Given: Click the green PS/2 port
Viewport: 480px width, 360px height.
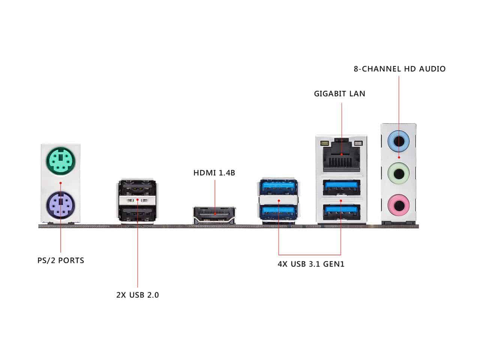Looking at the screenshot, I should tap(60, 162).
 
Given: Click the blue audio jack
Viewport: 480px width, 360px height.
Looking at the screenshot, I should tap(398, 141).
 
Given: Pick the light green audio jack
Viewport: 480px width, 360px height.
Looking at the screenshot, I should tap(398, 174).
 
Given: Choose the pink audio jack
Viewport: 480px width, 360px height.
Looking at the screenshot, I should tap(398, 205).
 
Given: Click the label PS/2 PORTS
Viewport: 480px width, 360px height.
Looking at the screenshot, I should tap(61, 260).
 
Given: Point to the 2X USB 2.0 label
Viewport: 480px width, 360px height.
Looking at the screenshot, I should tap(138, 295).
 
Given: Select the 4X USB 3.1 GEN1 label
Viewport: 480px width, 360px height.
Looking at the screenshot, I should tap(311, 264).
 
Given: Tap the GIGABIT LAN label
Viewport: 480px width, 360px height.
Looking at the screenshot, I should tap(339, 93).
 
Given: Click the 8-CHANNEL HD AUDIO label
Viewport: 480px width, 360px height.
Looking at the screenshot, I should tap(400, 69).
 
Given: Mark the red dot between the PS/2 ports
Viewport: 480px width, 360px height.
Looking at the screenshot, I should tap(60, 183).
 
